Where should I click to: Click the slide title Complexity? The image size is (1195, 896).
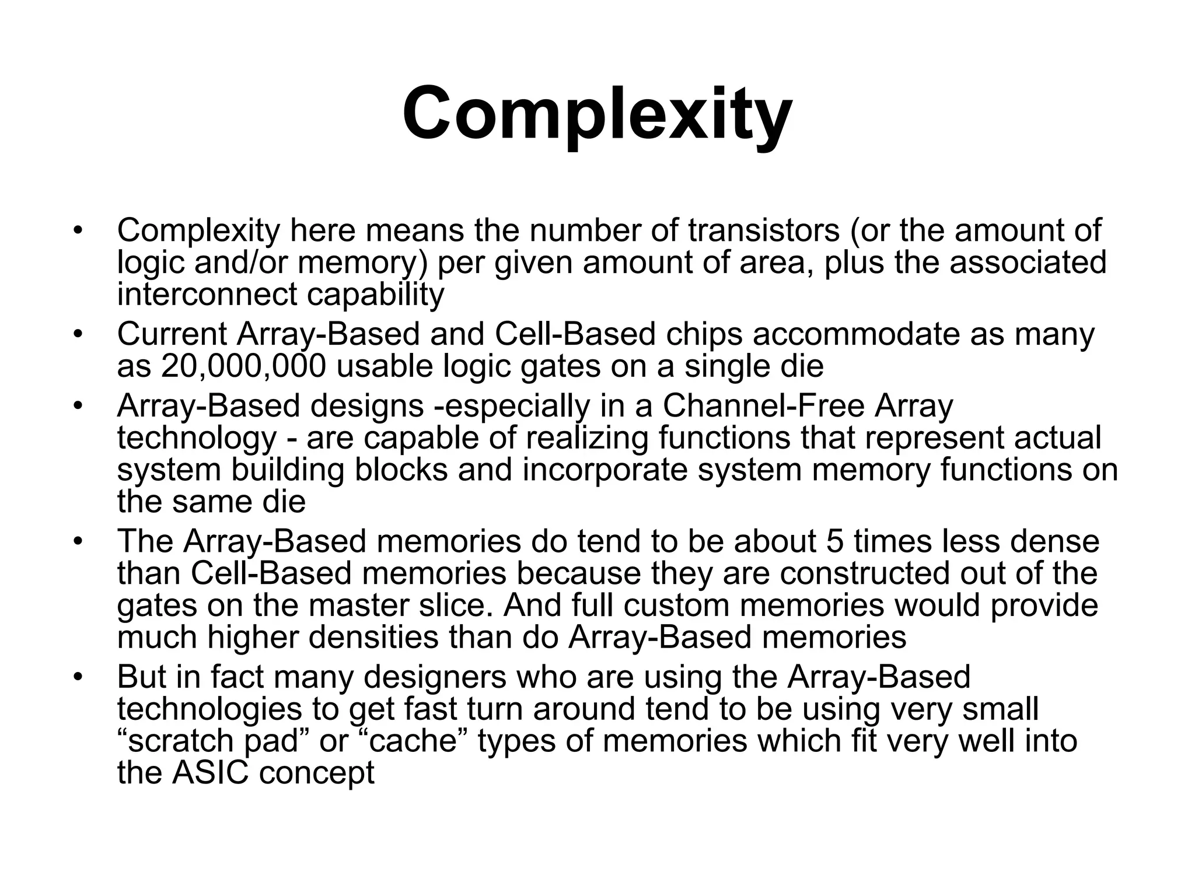597,114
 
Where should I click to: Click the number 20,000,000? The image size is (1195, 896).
243,366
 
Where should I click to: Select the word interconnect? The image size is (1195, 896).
207,294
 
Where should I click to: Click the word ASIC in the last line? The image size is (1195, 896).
210,773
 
